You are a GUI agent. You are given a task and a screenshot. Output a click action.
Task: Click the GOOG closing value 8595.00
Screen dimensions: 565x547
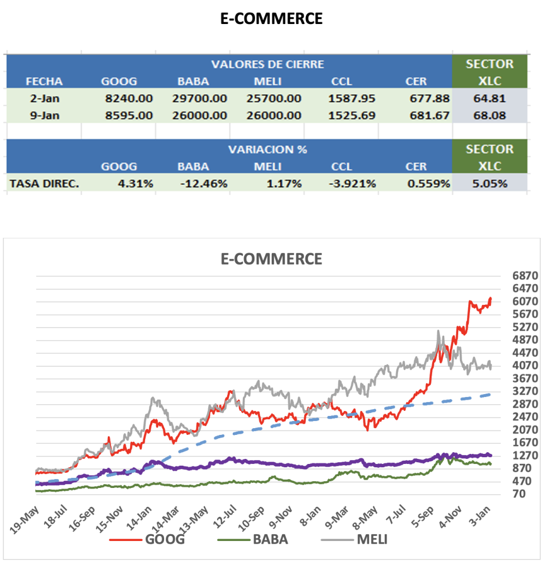tap(128, 116)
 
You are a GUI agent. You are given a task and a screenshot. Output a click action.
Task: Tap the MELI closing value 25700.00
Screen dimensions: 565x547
tap(273, 99)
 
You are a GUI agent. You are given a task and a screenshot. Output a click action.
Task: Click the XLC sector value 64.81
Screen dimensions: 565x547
tap(490, 99)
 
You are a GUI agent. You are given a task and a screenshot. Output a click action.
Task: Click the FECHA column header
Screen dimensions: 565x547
tap(44, 82)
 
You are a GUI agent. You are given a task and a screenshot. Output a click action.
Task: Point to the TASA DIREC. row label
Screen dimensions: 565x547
tap(44, 183)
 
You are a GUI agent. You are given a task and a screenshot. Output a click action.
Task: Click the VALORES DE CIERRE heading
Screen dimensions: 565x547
tap(267, 64)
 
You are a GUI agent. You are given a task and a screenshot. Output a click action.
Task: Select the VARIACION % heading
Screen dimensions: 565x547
tap(267, 149)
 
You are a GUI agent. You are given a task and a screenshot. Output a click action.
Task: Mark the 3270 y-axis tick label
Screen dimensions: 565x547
tap(524, 391)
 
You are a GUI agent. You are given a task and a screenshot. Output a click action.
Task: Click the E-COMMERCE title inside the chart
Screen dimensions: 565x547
tap(271, 258)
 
